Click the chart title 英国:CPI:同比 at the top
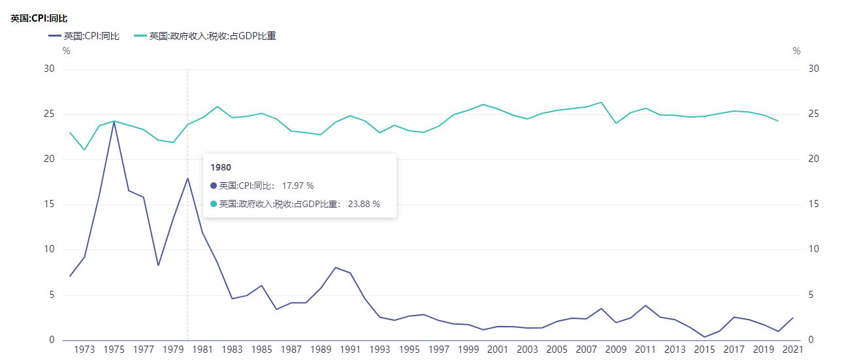39,18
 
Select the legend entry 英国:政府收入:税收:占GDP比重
212,36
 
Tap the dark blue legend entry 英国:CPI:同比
91,36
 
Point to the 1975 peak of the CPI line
114,122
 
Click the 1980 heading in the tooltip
221,167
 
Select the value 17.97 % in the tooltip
295,186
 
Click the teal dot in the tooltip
214,204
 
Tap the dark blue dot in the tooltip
214,186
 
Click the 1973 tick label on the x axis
85,350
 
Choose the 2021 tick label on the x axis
792,350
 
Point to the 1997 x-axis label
439,350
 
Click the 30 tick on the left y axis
50,69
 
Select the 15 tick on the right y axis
813,205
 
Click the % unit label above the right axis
796,51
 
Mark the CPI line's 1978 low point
158,265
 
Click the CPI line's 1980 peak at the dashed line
187,178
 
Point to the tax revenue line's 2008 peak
601,102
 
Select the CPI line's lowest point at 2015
704,337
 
